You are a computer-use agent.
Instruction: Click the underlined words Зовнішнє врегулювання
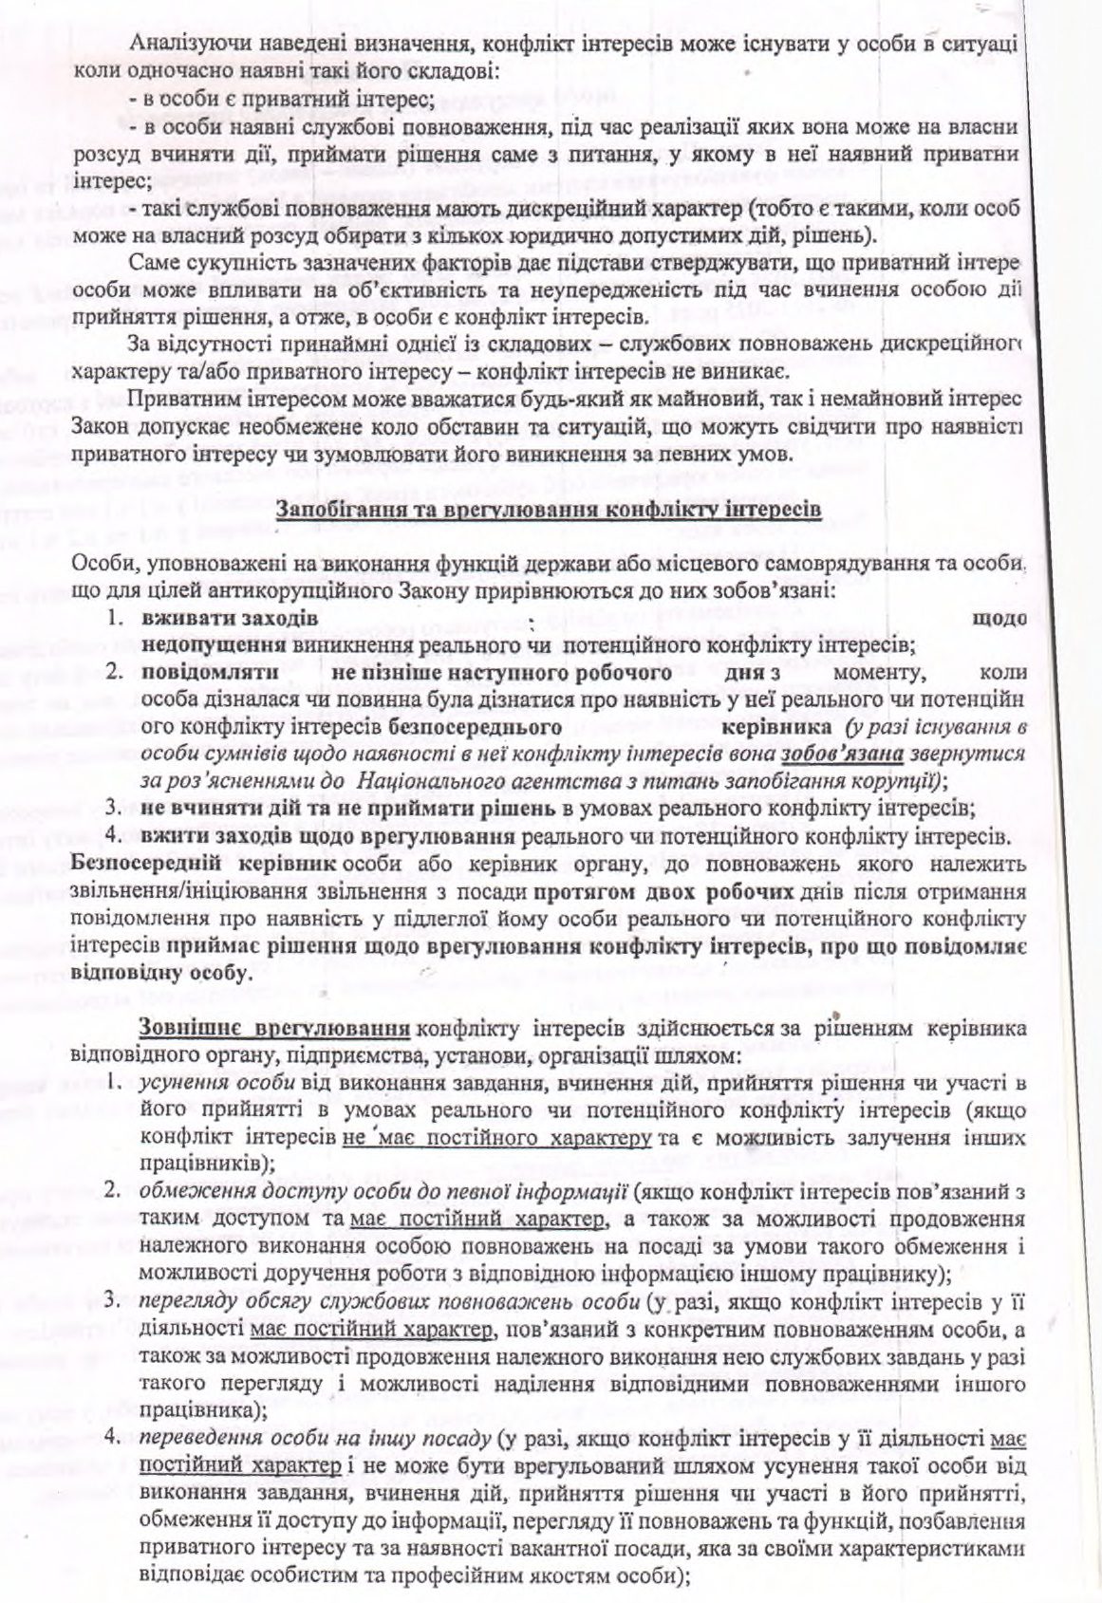click(x=274, y=1028)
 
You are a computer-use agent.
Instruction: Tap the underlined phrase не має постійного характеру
click(x=494, y=1137)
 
